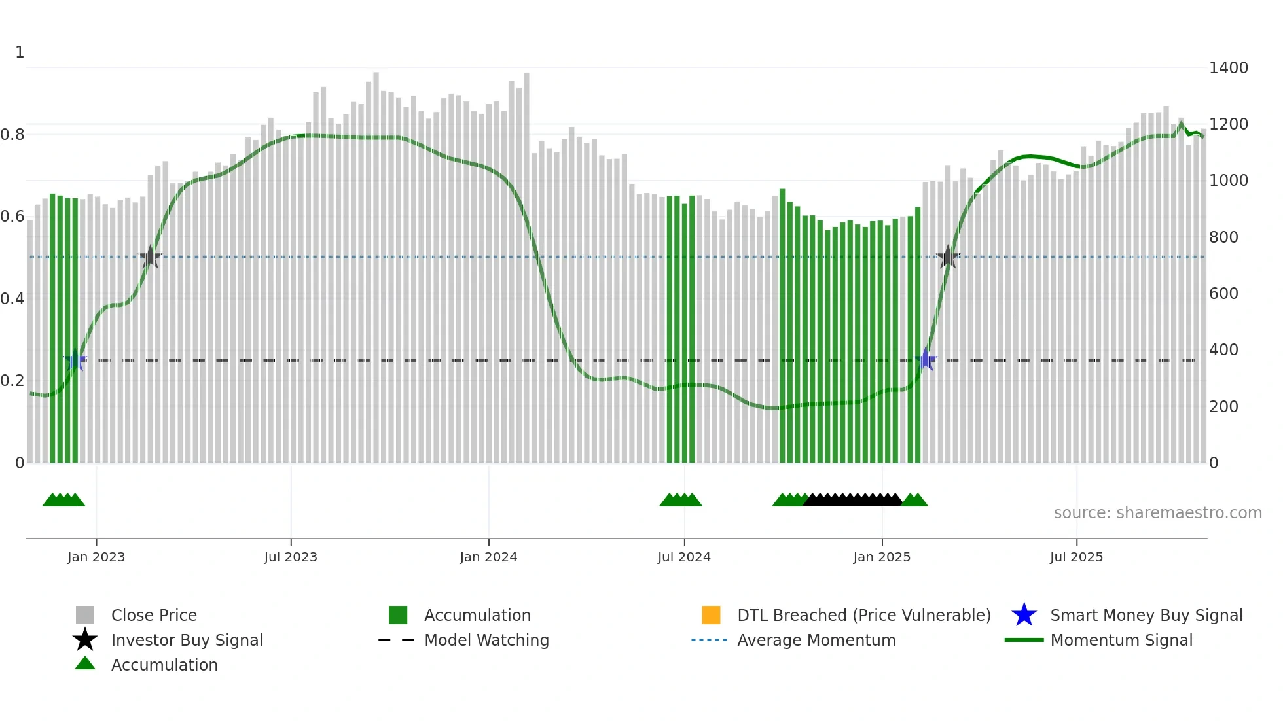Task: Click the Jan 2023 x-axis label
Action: [x=96, y=557]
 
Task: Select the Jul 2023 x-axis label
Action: [x=291, y=557]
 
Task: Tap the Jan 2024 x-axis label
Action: [x=488, y=557]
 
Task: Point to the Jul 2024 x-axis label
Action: [x=684, y=557]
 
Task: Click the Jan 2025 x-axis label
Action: [x=882, y=557]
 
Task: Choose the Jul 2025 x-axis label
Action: [x=1076, y=557]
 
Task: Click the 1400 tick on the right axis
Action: [x=1228, y=67]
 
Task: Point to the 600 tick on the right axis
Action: [x=1223, y=293]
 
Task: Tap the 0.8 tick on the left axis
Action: [x=12, y=135]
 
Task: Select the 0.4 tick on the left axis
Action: [x=12, y=299]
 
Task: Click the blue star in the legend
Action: [x=1024, y=615]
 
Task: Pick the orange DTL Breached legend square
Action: [x=711, y=615]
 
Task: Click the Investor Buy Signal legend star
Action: [x=85, y=640]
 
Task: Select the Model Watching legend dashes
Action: [x=397, y=640]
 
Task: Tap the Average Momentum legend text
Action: [x=816, y=640]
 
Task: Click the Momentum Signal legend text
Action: [x=1121, y=640]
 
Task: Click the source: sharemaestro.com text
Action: [x=1157, y=512]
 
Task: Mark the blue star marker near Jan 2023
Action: [x=75, y=359]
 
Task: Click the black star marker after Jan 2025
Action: [x=947, y=257]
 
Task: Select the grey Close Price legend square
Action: [x=85, y=615]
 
